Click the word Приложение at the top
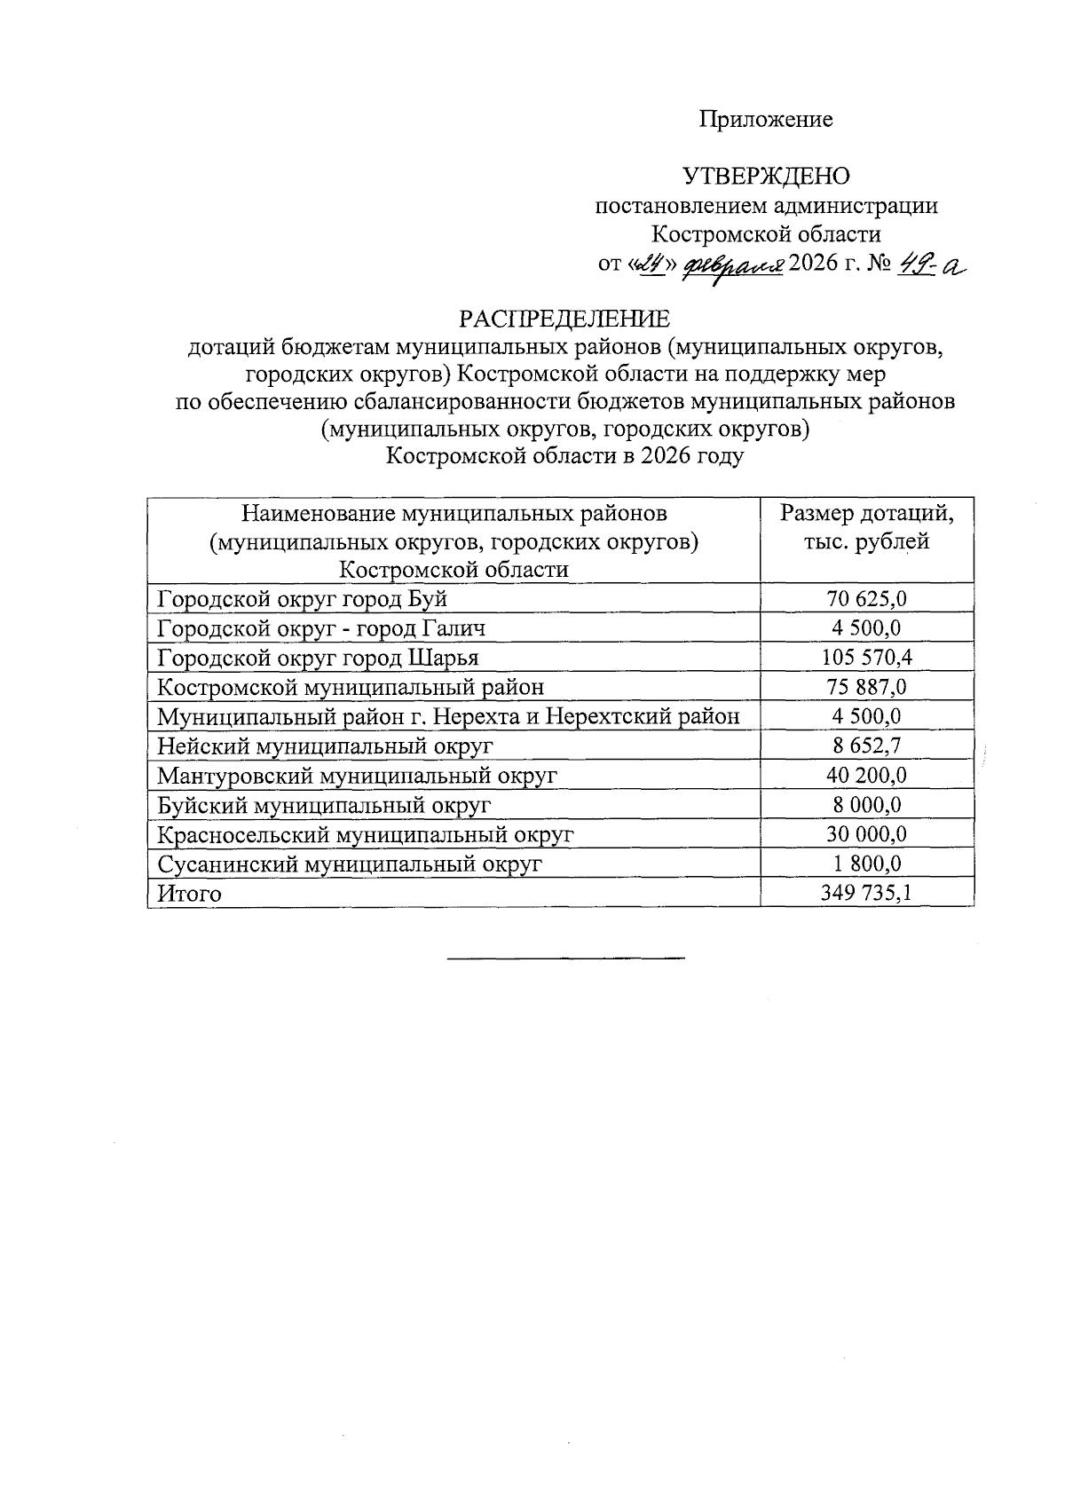766,120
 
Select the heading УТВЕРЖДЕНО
766,177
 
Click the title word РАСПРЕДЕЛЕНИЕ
564,319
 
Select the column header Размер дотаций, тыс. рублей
866,527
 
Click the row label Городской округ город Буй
302,599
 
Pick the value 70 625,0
866,599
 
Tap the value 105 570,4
866,658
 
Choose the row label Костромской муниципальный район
351,687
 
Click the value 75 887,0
866,687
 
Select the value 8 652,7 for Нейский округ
866,746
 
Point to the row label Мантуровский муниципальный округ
357,776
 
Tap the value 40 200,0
866,776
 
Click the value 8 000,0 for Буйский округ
866,805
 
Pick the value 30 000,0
866,834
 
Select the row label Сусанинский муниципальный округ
349,864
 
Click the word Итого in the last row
189,894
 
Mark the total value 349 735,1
866,894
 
